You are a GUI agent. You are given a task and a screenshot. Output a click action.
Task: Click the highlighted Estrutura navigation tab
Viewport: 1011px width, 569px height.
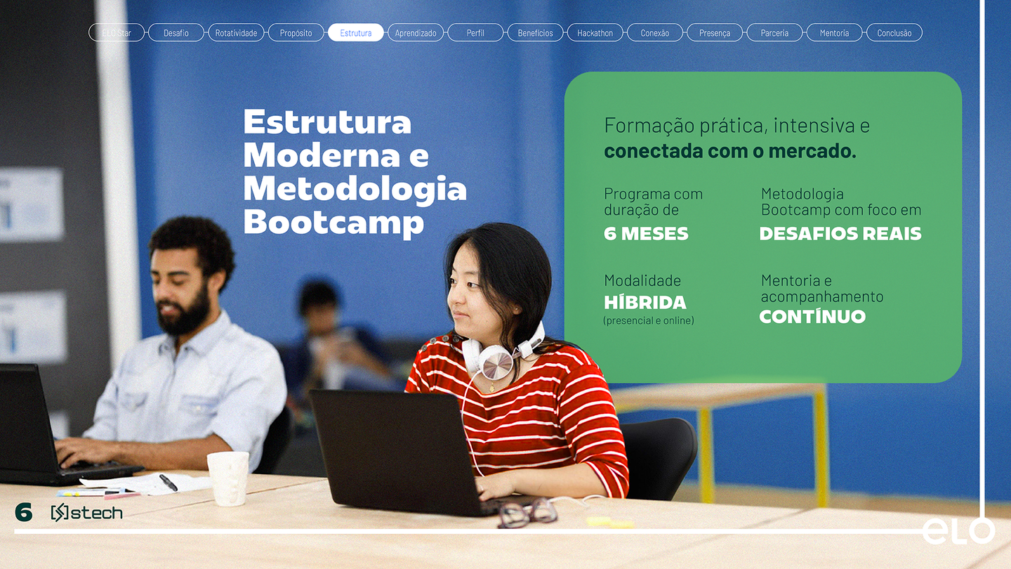(356, 33)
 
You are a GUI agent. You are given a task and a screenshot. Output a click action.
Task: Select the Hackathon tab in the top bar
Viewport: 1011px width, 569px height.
(595, 33)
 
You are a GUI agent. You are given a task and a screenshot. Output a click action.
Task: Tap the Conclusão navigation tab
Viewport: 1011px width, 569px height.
(894, 33)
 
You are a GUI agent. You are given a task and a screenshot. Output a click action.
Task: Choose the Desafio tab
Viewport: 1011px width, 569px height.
(176, 33)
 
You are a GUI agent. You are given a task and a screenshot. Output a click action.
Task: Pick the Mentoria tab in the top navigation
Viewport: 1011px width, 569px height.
(834, 33)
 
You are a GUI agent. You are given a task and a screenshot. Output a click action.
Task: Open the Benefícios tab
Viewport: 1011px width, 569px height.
(535, 33)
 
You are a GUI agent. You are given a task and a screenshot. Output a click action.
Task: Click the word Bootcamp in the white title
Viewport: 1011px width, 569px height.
(333, 222)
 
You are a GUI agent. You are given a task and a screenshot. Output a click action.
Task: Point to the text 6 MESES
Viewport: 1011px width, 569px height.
(646, 234)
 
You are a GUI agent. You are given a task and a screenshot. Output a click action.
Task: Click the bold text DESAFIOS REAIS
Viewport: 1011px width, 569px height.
(840, 234)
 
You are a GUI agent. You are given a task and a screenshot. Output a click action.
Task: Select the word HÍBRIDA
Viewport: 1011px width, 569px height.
(645, 303)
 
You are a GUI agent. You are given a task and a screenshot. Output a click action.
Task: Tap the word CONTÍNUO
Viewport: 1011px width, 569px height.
(812, 317)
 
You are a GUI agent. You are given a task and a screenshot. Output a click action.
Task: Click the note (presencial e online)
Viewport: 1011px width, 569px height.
(649, 321)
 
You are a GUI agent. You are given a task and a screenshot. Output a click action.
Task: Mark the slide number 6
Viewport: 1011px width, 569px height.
(24, 513)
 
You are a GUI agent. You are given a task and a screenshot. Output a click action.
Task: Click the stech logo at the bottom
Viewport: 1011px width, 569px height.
(87, 513)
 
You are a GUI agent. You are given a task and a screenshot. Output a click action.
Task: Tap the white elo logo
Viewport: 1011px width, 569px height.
(958, 531)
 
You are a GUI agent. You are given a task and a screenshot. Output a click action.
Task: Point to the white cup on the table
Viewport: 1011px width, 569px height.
(228, 478)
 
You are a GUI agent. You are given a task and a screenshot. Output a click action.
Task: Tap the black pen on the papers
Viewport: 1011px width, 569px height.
(168, 483)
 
